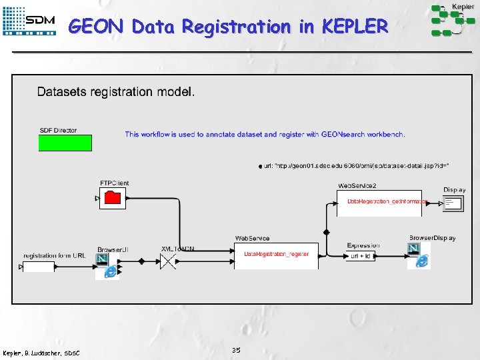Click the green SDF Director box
(x=65, y=143)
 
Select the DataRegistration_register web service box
(x=276, y=255)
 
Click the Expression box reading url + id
(x=362, y=256)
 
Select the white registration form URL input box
(x=38, y=267)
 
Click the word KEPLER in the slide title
(x=354, y=27)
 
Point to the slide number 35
(x=236, y=350)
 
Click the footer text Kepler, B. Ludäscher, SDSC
(x=41, y=353)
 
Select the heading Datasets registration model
(x=116, y=92)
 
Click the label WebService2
(x=357, y=185)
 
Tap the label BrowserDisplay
(x=432, y=238)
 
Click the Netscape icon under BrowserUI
(x=103, y=259)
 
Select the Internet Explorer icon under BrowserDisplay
(x=422, y=261)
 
